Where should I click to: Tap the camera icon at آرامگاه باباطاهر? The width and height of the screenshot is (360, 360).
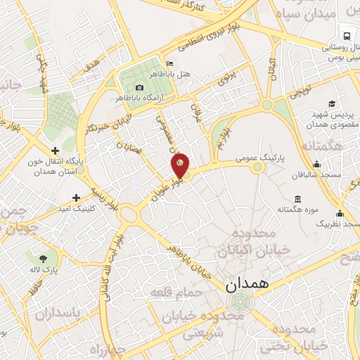point(139,87)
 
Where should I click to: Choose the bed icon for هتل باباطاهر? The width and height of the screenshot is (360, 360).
point(168,63)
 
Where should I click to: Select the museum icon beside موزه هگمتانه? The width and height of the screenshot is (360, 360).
point(297,199)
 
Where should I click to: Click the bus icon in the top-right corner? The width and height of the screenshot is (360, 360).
point(345,35)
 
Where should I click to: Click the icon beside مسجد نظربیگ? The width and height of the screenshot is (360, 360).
point(340,213)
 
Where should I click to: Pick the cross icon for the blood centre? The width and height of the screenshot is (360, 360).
point(55,150)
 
